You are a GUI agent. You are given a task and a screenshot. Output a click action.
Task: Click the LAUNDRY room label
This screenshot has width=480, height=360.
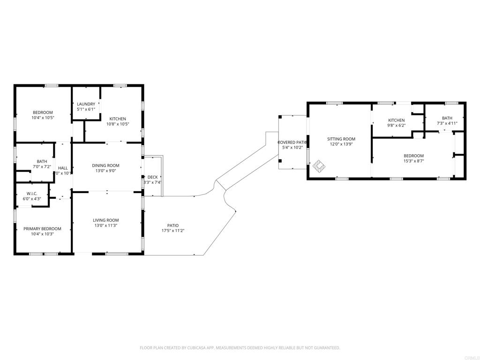coord(86,104)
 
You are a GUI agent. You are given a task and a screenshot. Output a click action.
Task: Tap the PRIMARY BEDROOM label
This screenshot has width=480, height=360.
coord(43,229)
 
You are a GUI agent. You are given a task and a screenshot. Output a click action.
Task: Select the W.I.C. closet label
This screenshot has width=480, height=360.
coord(32,194)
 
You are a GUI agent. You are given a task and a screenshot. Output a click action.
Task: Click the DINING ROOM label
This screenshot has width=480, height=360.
coord(105,165)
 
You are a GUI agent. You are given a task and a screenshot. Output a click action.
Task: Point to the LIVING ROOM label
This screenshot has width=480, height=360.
coord(105,220)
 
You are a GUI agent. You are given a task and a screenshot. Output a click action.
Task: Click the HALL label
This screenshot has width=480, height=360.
coord(63,168)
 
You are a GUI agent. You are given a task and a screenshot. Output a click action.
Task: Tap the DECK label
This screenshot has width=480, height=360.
coord(153,177)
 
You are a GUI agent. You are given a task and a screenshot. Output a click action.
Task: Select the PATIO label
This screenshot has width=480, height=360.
coord(173,225)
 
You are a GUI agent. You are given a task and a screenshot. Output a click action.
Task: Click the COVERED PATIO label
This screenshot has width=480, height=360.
coord(292,142)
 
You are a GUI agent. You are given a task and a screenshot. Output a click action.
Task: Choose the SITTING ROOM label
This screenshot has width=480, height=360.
coord(341,139)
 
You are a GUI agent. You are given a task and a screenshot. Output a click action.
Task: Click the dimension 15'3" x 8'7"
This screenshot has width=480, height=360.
coord(414,161)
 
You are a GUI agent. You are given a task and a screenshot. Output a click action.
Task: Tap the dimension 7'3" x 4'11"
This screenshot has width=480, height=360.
coord(447,123)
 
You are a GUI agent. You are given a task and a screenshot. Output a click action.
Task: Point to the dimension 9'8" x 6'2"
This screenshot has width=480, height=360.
coord(396,126)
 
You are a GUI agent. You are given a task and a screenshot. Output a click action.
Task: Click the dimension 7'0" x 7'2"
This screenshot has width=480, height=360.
coord(42,166)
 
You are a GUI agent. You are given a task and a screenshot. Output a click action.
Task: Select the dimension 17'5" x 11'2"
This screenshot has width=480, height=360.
coord(173,231)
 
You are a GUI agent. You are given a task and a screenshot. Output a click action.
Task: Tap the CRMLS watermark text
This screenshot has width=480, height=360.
coord(470,357)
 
